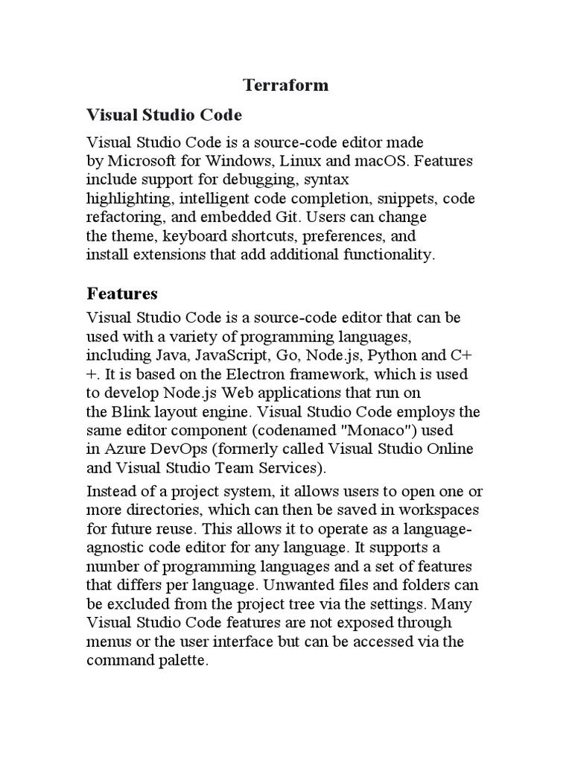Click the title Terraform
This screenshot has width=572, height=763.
click(x=286, y=85)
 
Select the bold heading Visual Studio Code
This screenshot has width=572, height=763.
click(x=165, y=115)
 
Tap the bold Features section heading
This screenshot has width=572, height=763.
click(x=122, y=293)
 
